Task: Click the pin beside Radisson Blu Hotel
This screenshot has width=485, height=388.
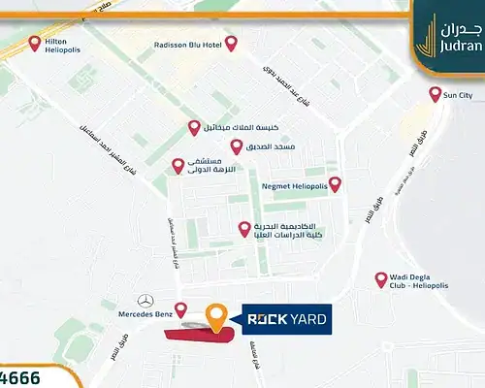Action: (x=231, y=43)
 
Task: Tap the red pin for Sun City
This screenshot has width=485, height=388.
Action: (x=436, y=93)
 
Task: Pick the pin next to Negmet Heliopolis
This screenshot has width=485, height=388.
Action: (x=335, y=182)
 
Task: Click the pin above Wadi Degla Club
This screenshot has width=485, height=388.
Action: (x=381, y=278)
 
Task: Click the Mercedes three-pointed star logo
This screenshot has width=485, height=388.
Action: (x=147, y=302)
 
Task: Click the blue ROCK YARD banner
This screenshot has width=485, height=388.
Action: (x=285, y=316)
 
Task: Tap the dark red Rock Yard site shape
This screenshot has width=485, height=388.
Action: (x=199, y=335)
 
